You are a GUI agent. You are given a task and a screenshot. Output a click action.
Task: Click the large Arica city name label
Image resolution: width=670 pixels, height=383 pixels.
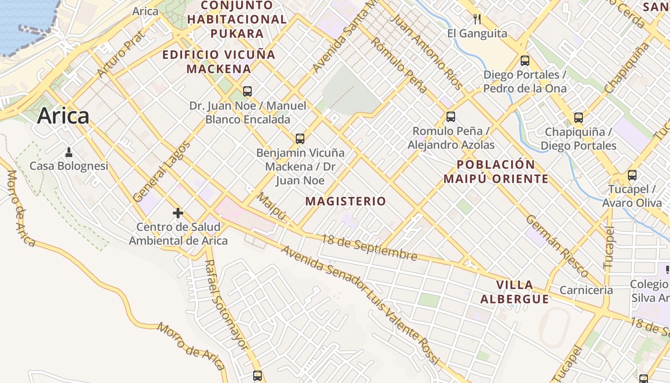tap(63, 116)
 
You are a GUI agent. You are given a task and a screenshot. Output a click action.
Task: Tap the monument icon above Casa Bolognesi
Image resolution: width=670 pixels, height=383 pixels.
tap(69, 152)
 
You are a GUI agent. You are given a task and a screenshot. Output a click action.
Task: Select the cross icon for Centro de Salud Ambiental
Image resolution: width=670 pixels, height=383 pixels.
tap(178, 213)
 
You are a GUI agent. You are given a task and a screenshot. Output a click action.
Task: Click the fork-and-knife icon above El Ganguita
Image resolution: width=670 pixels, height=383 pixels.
tap(477, 19)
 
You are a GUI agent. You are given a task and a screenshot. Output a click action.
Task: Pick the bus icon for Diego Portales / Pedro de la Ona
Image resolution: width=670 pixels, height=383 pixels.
tap(525, 61)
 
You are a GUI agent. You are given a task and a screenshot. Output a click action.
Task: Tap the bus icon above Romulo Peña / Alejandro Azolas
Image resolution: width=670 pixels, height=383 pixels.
tap(450, 117)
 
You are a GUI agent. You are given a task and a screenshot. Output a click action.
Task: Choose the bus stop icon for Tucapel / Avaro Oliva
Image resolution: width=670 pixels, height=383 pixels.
tap(632, 175)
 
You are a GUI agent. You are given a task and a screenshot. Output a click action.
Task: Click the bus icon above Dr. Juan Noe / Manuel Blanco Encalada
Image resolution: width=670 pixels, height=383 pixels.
tap(247, 91)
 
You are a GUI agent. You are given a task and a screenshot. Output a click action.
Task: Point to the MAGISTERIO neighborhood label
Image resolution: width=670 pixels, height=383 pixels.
tap(346, 201)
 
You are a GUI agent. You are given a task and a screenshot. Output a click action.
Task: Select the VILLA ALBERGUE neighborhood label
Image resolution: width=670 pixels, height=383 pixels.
tap(514, 292)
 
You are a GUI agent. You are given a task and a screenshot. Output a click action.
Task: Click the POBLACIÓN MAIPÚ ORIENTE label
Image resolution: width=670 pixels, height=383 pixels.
tap(496, 172)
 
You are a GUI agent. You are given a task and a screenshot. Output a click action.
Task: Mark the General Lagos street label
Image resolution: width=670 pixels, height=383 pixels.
tap(161, 171)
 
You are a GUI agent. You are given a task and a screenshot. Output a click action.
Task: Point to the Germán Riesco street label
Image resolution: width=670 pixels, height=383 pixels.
tap(557, 246)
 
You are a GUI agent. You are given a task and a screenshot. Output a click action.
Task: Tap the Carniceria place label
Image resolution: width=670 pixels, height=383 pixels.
tap(586, 290)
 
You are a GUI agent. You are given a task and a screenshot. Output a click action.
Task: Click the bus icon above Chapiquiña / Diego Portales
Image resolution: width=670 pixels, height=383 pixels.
tap(579, 118)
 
